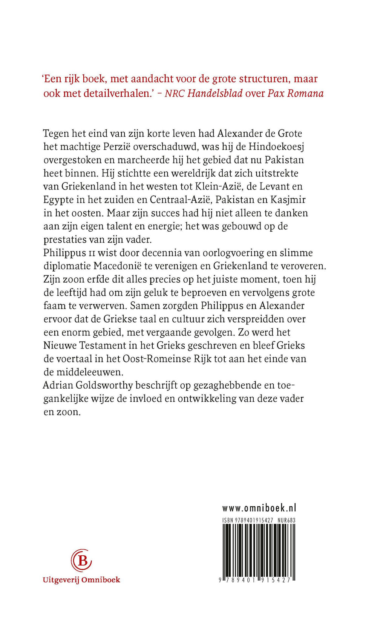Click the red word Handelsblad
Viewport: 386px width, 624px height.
click(x=215, y=93)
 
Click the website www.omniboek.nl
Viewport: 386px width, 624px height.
click(x=259, y=508)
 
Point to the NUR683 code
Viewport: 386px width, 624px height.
click(x=286, y=520)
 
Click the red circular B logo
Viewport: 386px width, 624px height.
click(x=81, y=561)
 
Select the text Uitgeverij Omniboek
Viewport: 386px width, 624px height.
click(x=81, y=580)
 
